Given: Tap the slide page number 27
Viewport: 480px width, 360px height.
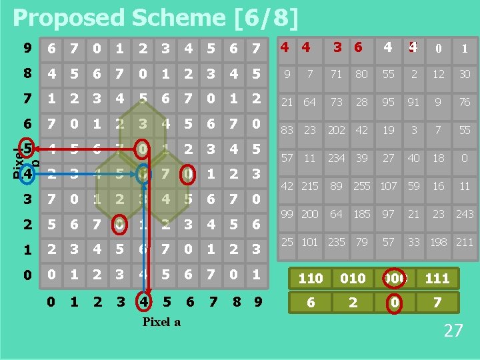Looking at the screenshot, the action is (453, 331).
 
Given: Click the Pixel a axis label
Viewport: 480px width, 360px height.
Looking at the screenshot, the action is (161, 322).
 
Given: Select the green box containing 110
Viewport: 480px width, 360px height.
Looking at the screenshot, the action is (310, 278).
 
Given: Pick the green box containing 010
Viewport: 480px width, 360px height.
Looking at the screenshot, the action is (353, 278).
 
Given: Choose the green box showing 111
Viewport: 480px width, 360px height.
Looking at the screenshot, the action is (437, 278).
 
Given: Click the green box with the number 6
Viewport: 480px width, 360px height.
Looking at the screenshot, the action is (310, 303).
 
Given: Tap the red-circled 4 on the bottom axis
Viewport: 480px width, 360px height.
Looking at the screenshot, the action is (143, 303).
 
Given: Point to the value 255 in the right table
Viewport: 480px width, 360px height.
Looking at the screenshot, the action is (361, 186).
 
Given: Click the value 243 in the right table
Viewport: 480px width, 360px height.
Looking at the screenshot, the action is (465, 213).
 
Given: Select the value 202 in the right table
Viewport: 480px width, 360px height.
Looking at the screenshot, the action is (337, 130).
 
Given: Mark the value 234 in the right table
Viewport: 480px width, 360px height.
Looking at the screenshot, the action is (337, 158).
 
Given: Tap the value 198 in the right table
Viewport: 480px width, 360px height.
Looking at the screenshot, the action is (438, 241).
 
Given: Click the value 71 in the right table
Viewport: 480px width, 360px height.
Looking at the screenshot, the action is (337, 74).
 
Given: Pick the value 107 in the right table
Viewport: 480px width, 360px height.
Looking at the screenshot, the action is (388, 186).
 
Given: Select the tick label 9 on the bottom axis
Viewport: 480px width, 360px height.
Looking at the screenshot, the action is (256, 303).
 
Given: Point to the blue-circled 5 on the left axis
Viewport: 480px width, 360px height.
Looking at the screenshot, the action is (27, 147).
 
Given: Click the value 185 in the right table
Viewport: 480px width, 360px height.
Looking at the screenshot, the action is (361, 213).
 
